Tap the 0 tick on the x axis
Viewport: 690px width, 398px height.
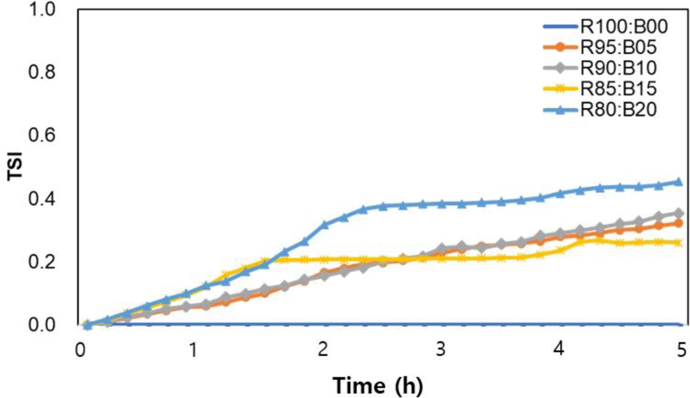tap(81, 350)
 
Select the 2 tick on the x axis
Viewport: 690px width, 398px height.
tap(323, 350)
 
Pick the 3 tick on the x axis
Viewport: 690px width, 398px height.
tap(441, 350)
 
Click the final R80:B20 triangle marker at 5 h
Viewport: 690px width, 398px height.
tap(678, 181)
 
